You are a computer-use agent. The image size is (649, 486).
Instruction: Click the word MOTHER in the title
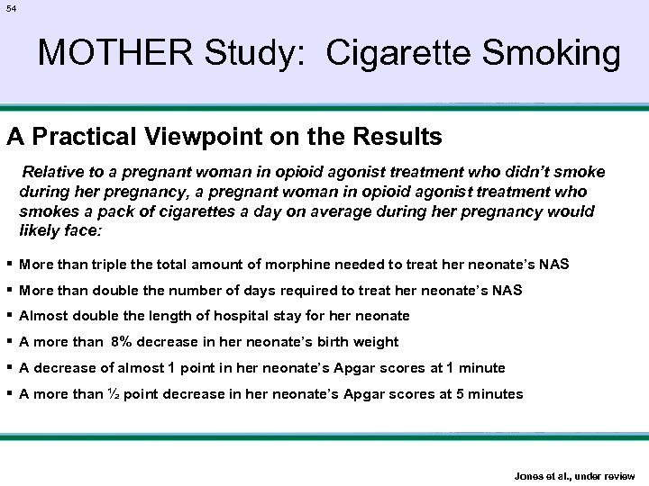point(101,54)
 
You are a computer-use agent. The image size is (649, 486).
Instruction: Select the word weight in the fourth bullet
point(377,342)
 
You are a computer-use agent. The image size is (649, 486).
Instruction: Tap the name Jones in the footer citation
point(528,475)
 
